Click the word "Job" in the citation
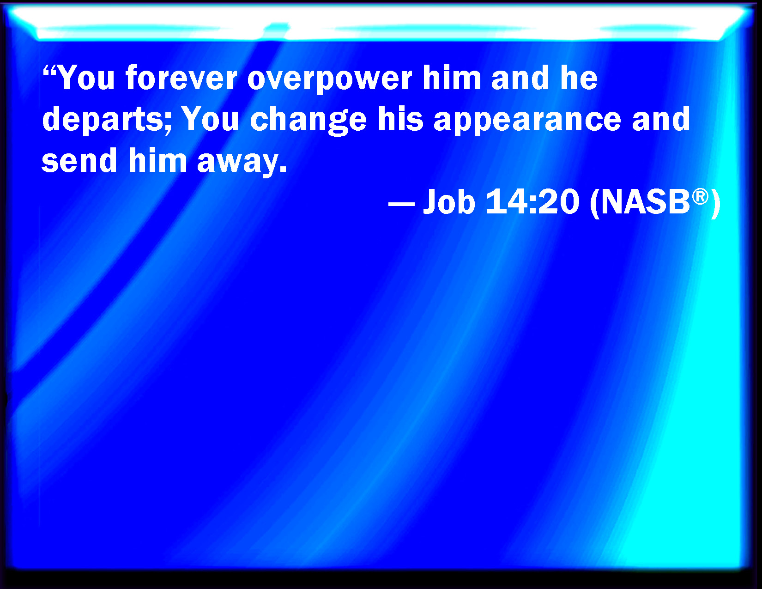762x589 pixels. [449, 202]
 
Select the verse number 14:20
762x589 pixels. [532, 201]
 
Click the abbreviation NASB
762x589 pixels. [645, 202]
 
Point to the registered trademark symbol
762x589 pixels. [700, 196]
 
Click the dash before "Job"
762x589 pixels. [401, 204]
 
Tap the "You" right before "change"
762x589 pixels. [210, 119]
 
